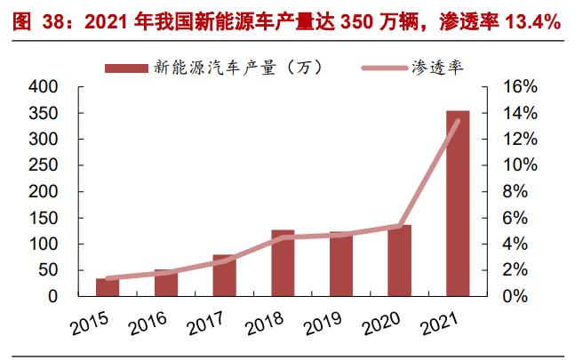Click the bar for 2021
coord(458,204)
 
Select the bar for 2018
coord(283,263)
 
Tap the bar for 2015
coord(108,287)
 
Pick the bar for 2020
coord(399,260)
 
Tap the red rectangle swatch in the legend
coord(127,67)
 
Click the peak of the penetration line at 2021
coord(458,121)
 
